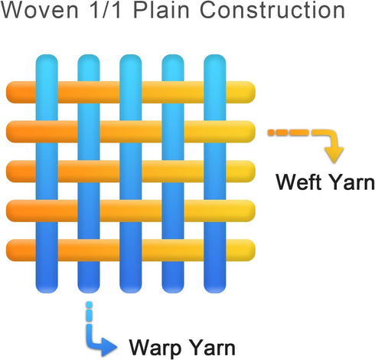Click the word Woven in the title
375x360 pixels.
[x=40, y=10]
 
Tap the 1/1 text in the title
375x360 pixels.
[x=105, y=10]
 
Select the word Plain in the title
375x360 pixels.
[x=161, y=10]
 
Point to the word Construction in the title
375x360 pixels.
[x=272, y=10]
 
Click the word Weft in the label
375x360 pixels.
[x=295, y=182]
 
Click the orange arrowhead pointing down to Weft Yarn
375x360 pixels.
[x=334, y=155]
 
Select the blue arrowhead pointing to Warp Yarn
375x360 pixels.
[x=109, y=347]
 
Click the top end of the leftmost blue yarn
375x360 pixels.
[x=47, y=55]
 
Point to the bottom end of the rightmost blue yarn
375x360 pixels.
[x=215, y=292]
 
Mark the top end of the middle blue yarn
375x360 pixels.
[x=131, y=55]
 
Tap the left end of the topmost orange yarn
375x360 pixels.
[x=7, y=92]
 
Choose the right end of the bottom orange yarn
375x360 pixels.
[x=254, y=250]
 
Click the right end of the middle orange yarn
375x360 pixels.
[x=254, y=172]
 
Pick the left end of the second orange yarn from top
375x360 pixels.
[x=7, y=132]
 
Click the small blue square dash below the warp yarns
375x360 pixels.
[x=89, y=305]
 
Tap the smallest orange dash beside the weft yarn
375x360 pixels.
[x=271, y=133]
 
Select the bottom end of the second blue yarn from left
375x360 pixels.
[x=89, y=292]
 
